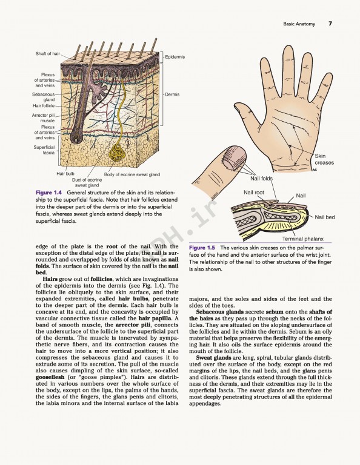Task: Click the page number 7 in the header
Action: point(330,24)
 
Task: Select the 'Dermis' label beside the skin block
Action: point(172,94)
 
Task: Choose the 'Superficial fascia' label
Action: point(44,150)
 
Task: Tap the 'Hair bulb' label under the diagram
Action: point(65,174)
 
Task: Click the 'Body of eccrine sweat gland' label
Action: point(132,174)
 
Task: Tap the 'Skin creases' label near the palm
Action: point(324,159)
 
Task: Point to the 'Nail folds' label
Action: point(262,179)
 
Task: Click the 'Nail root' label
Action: point(254,193)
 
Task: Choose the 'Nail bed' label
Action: point(325,217)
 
